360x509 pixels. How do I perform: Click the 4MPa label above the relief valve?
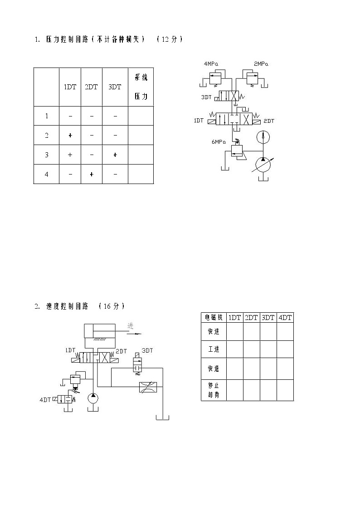211,63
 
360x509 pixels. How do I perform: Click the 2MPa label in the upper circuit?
261,63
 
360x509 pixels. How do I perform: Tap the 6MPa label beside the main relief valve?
219,142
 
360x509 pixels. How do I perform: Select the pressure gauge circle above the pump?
263,137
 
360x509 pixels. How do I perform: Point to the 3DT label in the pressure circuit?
206,97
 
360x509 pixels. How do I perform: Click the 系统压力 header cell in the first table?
141,87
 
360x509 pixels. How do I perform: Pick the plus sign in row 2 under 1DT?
70,136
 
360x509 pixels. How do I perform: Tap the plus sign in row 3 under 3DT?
115,155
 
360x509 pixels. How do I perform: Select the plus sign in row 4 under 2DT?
92,175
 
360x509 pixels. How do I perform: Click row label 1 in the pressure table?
47,116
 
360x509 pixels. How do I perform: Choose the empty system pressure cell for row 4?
141,174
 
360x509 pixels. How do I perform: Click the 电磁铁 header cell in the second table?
214,317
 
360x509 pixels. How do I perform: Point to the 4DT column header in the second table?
285,317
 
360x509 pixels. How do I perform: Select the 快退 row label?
214,368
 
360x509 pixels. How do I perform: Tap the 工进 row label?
214,349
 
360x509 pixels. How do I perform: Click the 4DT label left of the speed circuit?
45,400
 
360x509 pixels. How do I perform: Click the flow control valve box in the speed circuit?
148,387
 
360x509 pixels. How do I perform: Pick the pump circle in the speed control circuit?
93,398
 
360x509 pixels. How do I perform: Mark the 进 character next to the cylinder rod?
131,325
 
